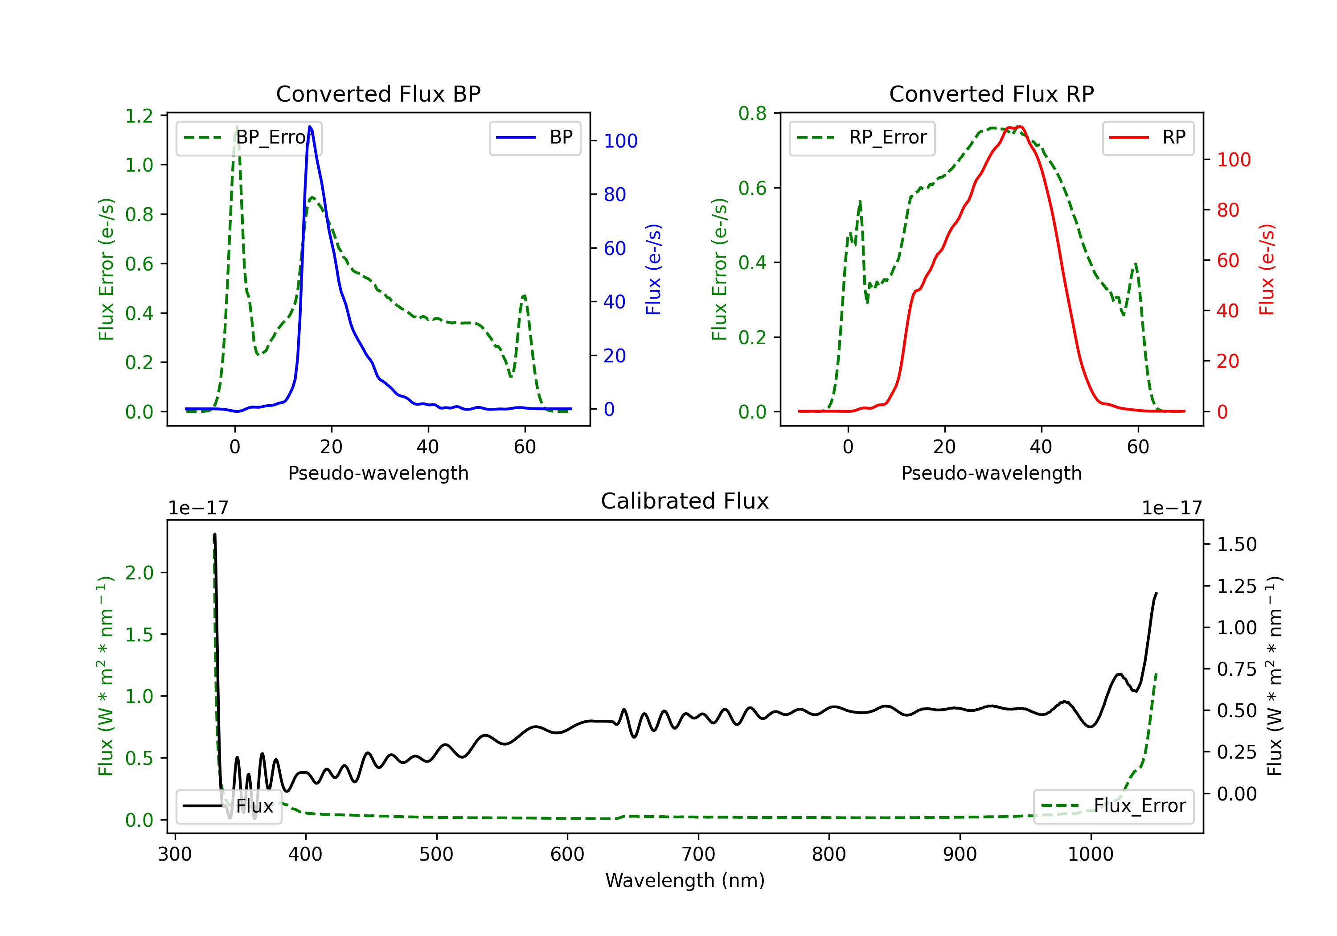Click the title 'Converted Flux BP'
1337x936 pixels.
point(378,94)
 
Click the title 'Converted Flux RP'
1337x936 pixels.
point(991,94)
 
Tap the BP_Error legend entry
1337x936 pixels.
point(249,137)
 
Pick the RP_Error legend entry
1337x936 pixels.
point(862,137)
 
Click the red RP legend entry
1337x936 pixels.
point(1148,137)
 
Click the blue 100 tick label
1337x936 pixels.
point(620,141)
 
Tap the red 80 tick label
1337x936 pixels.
point(1228,210)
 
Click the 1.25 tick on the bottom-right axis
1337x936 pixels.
point(1237,586)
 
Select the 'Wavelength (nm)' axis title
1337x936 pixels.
point(685,880)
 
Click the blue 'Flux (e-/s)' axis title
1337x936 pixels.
point(653,269)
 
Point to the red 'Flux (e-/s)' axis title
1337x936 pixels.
point(1267,269)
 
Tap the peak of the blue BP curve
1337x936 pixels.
point(310,127)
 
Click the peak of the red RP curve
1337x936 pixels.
point(1019,127)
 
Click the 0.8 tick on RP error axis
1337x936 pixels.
point(752,113)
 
